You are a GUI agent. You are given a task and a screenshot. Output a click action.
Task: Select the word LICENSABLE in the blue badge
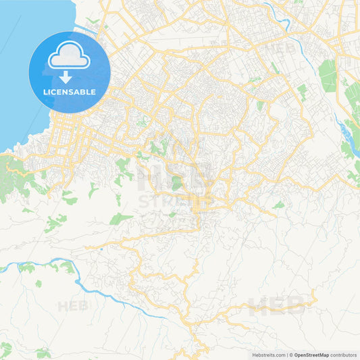[x=70, y=93]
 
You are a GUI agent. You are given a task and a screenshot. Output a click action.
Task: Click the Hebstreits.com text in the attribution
[x=268, y=355]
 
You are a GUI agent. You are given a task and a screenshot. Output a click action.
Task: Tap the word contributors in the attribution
[x=344, y=355]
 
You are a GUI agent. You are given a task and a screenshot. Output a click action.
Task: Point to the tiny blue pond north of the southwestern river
[x=101, y=248]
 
